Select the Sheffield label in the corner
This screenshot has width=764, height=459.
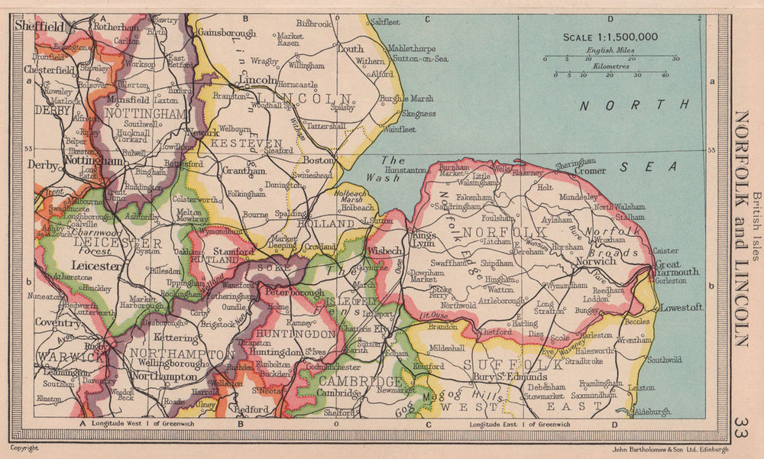[38, 26]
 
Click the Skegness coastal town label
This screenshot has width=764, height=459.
[418, 113]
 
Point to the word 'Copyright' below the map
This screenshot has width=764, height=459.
[25, 448]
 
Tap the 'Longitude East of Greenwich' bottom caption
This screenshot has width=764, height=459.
[520, 424]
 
